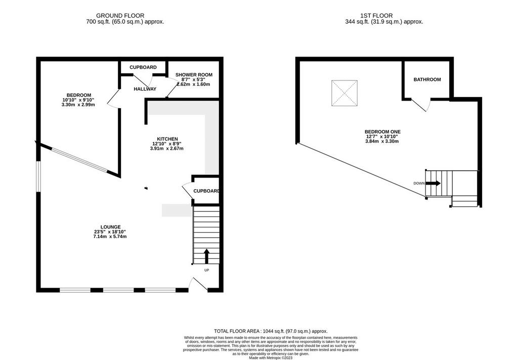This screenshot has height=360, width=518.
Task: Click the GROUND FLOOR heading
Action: [120, 16]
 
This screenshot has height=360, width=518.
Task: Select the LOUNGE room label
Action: [111, 227]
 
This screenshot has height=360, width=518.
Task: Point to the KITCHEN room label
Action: [167, 139]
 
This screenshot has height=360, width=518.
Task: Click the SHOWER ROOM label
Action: [194, 75]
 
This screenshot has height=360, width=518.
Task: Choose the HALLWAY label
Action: [145, 89]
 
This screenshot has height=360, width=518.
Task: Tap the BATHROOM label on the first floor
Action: [427, 79]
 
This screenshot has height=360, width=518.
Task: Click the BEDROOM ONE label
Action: [382, 132]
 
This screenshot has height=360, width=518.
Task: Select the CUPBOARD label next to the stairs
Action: [206, 191]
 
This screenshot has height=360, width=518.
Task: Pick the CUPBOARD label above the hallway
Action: [143, 67]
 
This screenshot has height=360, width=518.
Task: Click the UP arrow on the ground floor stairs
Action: [207, 256]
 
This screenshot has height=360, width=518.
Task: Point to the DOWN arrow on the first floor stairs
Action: [433, 184]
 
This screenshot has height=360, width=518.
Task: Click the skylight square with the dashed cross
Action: [344, 93]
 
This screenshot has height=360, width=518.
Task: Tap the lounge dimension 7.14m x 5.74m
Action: [110, 237]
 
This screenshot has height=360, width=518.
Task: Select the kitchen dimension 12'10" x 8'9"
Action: [167, 144]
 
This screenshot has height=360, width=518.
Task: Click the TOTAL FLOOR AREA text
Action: [271, 331]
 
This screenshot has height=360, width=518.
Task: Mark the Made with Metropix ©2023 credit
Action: [271, 357]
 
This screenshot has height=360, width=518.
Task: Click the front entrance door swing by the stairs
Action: [198, 284]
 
